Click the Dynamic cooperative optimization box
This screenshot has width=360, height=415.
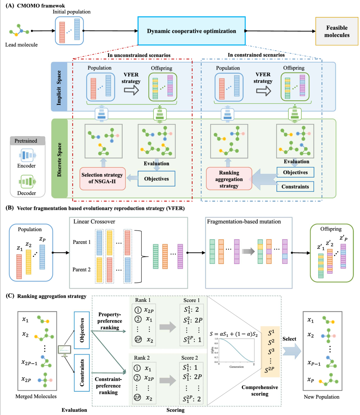pyautogui.click(x=191, y=31)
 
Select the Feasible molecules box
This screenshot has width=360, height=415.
pyautogui.click(x=337, y=31)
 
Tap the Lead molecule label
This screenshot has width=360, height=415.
pyautogui.click(x=21, y=45)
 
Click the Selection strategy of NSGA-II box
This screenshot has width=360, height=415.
pyautogui.click(x=102, y=179)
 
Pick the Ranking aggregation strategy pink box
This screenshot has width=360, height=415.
pyautogui.click(x=229, y=179)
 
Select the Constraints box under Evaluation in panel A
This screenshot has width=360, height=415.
pyautogui.click(x=295, y=187)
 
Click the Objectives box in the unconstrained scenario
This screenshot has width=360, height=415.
pyautogui.click(x=156, y=179)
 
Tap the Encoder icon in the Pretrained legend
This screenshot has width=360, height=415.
pyautogui.click(x=26, y=155)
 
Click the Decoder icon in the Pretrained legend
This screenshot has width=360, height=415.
pyautogui.click(x=27, y=182)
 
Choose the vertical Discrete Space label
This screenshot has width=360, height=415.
pyautogui.click(x=59, y=160)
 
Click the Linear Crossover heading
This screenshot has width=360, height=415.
pyautogui.click(x=94, y=221)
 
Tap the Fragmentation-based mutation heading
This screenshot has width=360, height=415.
pyautogui.click(x=244, y=221)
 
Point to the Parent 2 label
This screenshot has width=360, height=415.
pyautogui.click(x=82, y=269)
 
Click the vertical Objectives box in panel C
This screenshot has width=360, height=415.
pyautogui.click(x=82, y=330)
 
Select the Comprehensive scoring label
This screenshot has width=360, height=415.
pyautogui.click(x=260, y=390)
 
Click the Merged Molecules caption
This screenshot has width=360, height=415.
pyautogui.click(x=36, y=396)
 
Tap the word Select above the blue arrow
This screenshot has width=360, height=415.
pyautogui.click(x=289, y=339)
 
